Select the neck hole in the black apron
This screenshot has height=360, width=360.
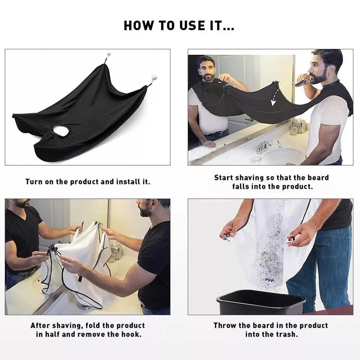click(x=61, y=130)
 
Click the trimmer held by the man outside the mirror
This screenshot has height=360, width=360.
click(x=302, y=82)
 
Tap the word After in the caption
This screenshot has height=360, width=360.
click(x=40, y=325)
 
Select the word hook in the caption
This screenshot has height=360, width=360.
click(x=131, y=334)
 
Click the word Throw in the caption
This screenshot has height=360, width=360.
click(x=225, y=325)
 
